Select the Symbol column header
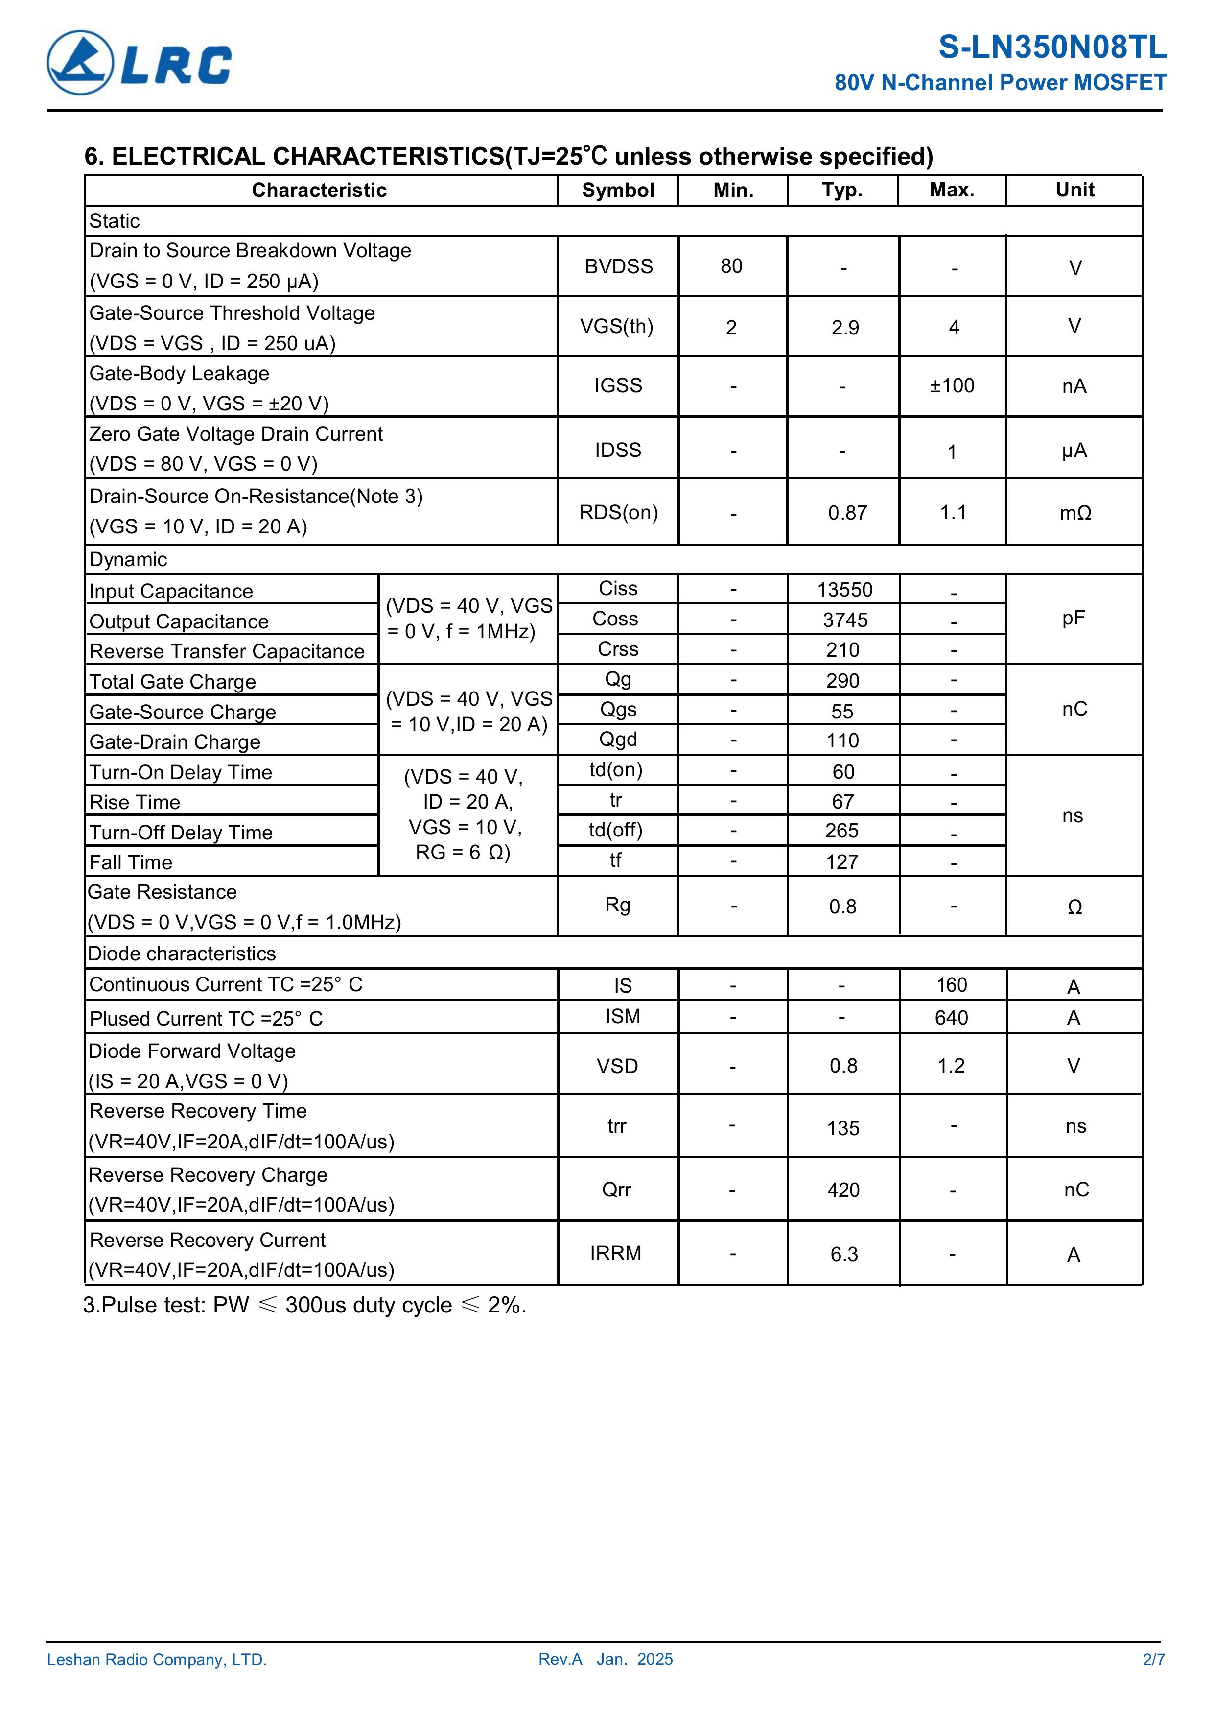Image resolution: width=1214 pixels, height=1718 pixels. coord(618,190)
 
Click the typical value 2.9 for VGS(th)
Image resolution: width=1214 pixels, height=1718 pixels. coord(844,328)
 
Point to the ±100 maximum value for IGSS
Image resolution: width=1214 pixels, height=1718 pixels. coord(952,386)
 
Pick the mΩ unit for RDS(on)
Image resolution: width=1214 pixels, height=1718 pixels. coord(1075,513)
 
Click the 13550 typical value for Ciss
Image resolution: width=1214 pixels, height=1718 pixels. coord(844,590)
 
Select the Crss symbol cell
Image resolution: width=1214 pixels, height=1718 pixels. coord(618,649)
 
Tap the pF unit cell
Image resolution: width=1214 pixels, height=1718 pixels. coord(1074,618)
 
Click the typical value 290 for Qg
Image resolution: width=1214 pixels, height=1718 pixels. coord(843,681)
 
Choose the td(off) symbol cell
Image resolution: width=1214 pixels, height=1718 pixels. coord(616,830)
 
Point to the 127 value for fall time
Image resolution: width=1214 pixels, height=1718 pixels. coord(842,862)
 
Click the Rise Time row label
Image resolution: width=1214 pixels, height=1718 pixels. coord(135,802)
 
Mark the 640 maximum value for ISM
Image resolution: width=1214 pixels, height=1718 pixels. coord(952,1018)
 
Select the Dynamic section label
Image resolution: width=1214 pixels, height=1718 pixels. coord(128,560)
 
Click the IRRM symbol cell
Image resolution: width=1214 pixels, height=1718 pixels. coord(616,1253)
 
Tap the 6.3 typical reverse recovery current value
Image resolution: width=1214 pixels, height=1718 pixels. coord(844,1254)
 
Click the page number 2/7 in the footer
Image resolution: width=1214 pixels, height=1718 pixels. coord(1153,1660)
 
